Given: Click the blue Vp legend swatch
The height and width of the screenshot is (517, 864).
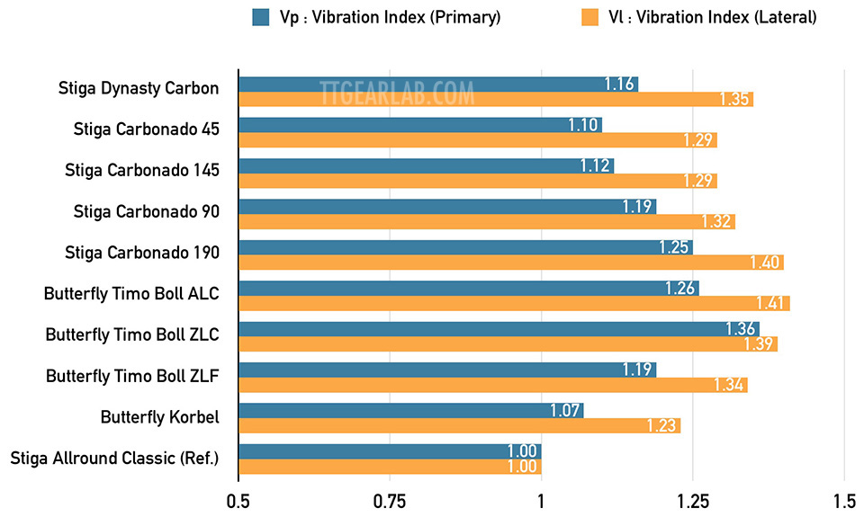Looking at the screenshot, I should tap(262, 16).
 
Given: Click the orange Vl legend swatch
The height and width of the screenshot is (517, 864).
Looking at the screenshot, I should tap(590, 16).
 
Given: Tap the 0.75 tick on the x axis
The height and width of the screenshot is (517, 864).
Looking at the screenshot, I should tap(390, 500).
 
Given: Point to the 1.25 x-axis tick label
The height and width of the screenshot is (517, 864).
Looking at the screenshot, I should tap(693, 500).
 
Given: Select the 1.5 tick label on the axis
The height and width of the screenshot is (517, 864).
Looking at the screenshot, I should tap(844, 500).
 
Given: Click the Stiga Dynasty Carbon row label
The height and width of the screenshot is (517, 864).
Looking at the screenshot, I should tap(138, 88).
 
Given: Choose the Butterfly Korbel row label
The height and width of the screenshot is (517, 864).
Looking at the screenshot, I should tap(159, 417).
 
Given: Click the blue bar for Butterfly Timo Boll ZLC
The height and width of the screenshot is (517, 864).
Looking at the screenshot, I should tap(499, 329).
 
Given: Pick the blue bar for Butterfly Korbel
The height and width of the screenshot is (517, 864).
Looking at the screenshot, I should tap(410, 411).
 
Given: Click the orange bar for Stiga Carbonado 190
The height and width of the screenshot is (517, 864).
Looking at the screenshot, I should tap(510, 262).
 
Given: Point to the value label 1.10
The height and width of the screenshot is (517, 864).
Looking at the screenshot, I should tap(584, 125).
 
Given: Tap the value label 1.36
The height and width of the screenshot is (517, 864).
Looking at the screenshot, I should tap(742, 329).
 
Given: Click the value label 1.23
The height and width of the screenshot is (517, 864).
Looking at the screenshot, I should tap(662, 426).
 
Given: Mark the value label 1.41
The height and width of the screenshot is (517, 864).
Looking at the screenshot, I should tap(772, 303).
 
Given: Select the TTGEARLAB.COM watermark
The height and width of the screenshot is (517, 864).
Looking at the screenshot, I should tap(397, 92).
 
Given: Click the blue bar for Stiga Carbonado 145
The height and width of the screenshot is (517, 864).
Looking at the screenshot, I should tap(426, 165).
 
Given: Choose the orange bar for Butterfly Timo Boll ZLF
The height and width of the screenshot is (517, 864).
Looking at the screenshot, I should tap(492, 385).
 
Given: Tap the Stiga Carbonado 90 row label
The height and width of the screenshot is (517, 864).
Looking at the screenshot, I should tap(146, 211).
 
